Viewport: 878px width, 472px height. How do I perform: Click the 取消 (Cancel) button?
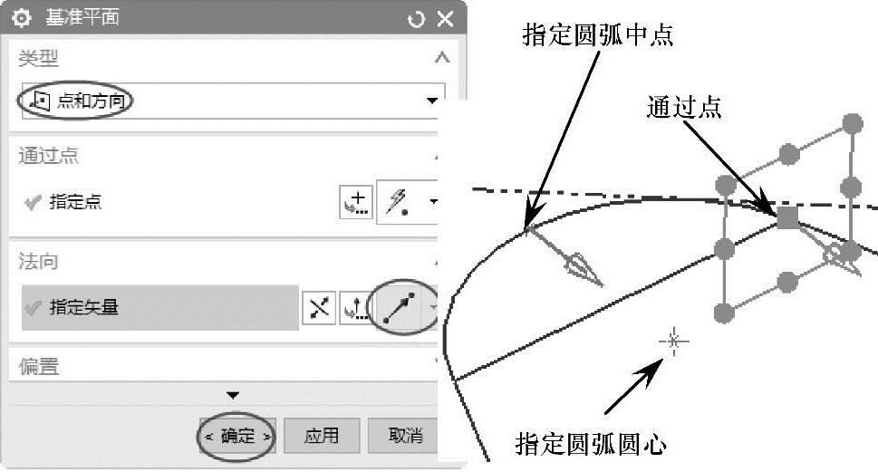click(405, 436)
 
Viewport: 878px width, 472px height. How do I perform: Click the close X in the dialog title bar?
click(445, 18)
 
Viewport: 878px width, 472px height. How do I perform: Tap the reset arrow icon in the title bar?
click(417, 18)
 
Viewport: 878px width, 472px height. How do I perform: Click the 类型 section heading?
click(39, 58)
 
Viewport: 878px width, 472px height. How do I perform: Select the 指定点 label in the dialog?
click(75, 202)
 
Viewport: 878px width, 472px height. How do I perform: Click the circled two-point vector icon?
click(399, 308)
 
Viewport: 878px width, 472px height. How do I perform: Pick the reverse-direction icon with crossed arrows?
click(319, 308)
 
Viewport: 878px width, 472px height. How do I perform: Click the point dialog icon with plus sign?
click(357, 202)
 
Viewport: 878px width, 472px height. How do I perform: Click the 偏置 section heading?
click(39, 366)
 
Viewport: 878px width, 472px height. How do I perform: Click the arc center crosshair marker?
click(673, 341)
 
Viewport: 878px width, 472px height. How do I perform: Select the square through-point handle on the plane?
click(786, 217)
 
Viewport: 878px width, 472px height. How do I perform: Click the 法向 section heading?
click(39, 262)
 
